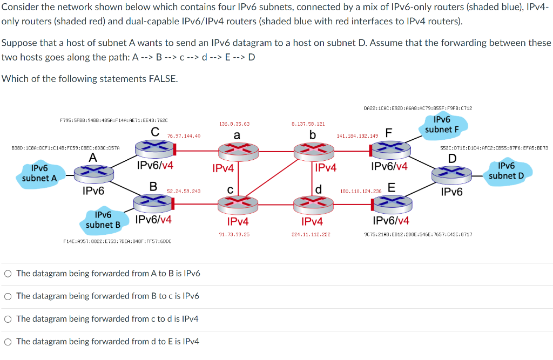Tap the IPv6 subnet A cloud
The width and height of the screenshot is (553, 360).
click(39, 173)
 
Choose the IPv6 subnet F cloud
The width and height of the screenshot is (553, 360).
click(442, 124)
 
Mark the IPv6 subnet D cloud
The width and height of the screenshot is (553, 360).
click(506, 171)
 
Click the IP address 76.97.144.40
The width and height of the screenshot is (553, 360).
click(184, 136)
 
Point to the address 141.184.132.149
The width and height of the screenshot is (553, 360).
click(357, 136)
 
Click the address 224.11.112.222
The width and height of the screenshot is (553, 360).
click(311, 234)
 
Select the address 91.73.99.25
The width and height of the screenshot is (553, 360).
click(234, 234)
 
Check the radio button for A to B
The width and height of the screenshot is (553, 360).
click(8, 274)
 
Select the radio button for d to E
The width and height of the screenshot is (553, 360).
click(8, 342)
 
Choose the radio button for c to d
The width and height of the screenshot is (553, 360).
click(8, 319)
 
